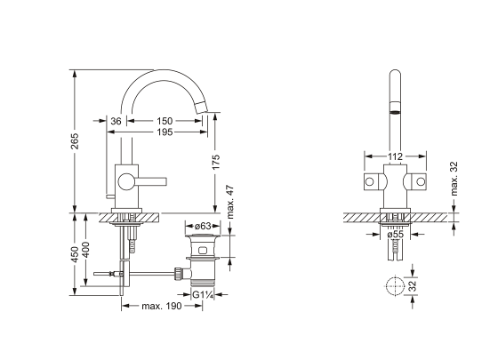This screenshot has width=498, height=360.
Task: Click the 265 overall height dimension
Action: [75, 140]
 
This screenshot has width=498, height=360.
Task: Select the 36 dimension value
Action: [116, 121]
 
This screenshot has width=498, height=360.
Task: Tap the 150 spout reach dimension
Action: [165, 121]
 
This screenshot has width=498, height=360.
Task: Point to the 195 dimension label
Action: [165, 132]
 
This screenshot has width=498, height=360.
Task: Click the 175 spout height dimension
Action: [215, 162]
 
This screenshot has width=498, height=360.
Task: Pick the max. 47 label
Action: [230, 202]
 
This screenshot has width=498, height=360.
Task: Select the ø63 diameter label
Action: [203, 226]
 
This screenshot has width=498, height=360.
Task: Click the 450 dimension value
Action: [75, 254]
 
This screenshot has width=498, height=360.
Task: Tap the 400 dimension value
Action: [85, 250]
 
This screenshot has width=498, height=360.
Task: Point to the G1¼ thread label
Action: [203, 295]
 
